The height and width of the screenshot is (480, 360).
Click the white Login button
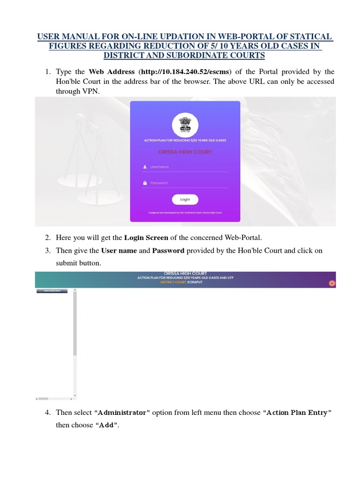click(x=185, y=200)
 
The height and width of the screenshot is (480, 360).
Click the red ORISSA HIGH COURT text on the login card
click(x=185, y=152)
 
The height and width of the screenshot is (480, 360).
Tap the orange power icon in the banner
click(x=332, y=283)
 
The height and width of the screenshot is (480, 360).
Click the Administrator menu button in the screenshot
click(x=52, y=291)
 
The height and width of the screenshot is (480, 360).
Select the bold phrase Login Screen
click(x=146, y=238)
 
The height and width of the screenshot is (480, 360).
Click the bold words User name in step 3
click(x=119, y=250)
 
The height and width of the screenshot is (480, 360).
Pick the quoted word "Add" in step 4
click(x=106, y=425)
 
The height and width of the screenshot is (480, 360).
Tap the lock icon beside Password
click(x=145, y=183)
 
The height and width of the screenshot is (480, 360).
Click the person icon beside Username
click(x=145, y=167)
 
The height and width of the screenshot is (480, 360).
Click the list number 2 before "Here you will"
click(x=48, y=238)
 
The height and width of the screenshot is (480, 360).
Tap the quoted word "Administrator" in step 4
click(x=122, y=412)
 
